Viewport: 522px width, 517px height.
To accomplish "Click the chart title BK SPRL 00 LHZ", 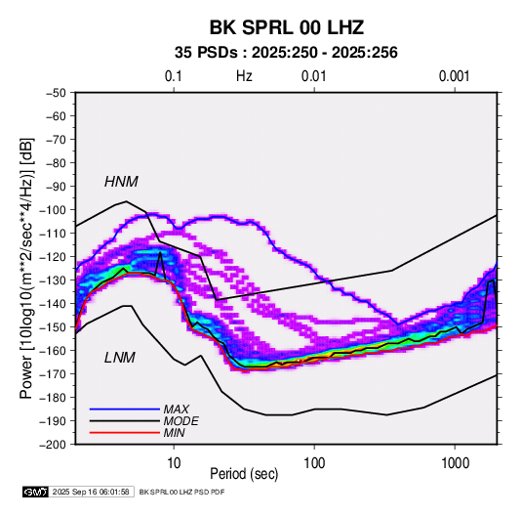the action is click(x=286, y=27).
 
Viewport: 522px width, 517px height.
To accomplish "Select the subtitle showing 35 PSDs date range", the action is click(x=286, y=53).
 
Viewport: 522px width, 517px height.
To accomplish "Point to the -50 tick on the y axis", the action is click(x=56, y=93).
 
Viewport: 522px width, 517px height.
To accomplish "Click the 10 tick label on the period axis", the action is click(x=174, y=463).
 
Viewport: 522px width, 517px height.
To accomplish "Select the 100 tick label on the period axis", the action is click(x=314, y=463).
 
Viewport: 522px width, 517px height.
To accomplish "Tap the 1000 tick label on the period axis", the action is click(x=455, y=463).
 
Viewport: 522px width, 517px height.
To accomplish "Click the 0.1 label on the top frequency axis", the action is click(x=174, y=76).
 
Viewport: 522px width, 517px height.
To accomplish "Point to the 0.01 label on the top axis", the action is click(x=313, y=76).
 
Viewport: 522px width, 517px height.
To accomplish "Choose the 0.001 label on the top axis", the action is click(x=454, y=76).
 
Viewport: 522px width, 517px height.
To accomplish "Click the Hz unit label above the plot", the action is click(x=244, y=76).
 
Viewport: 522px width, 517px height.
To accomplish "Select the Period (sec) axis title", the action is click(x=244, y=474).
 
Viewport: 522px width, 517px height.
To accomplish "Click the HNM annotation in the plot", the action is click(x=121, y=182).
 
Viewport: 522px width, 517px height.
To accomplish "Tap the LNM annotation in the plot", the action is click(x=120, y=358).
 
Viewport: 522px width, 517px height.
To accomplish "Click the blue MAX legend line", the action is click(x=125, y=409).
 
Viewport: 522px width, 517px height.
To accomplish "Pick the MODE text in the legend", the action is click(x=181, y=421).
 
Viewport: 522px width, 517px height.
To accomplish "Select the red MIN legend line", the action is click(x=125, y=433).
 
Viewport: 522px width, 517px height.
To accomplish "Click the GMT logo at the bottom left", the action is click(x=36, y=492).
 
